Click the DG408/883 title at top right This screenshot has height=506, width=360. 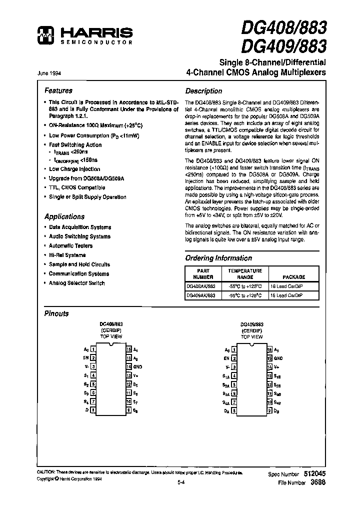click(284, 29)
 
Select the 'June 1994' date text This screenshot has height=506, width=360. click(49, 73)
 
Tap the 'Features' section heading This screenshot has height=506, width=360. click(58, 91)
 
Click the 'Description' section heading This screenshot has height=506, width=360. click(203, 91)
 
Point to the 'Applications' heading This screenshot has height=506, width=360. click(64, 216)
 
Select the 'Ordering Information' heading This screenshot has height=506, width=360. click(218, 258)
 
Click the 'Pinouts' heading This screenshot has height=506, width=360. click(56, 314)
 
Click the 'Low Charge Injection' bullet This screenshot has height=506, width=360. click(74, 169)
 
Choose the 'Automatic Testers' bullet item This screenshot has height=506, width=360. click(70, 245)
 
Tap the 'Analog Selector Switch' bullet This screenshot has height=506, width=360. click(76, 283)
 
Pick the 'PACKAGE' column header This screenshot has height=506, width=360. click(293, 276)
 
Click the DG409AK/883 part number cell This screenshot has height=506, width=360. click(200, 295)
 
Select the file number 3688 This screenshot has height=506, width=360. click(318, 482)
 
